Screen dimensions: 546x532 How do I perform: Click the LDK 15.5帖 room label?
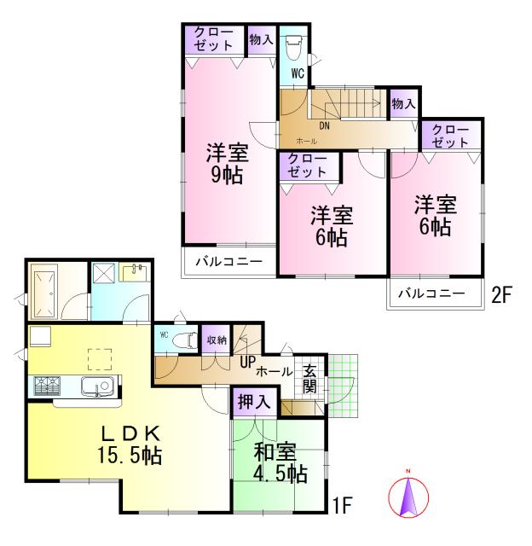pos(128,444)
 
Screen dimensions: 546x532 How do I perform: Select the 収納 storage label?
pos(217,340)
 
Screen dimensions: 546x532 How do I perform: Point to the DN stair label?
pos(324,126)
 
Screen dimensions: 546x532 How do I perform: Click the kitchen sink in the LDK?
pos(97,386)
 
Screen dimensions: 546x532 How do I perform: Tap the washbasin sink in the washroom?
pos(135,274)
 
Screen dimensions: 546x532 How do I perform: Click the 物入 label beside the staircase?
pos(403,104)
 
